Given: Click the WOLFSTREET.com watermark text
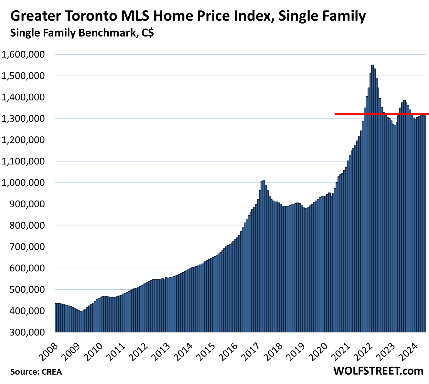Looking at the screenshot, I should coord(378,371).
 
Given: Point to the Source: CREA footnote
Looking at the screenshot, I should coord(36,372).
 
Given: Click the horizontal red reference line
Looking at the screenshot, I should coord(356,114).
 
